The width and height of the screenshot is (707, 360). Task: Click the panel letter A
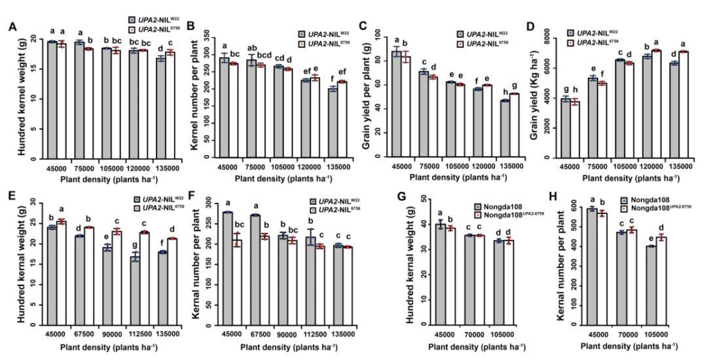coord(11,27)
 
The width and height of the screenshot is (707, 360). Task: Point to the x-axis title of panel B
coord(279,177)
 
